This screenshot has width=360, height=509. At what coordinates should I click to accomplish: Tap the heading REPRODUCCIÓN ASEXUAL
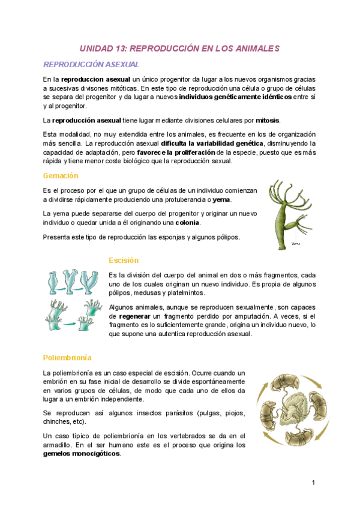click(91, 64)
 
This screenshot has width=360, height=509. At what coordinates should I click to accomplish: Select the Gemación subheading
click(61, 175)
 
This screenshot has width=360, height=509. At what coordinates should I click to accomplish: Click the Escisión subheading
click(124, 261)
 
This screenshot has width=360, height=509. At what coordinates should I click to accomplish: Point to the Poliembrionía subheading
click(67, 358)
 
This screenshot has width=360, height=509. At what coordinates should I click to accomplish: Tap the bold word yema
click(222, 200)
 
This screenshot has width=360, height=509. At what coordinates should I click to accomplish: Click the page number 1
click(313, 483)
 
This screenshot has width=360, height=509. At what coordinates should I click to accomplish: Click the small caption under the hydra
click(295, 244)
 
